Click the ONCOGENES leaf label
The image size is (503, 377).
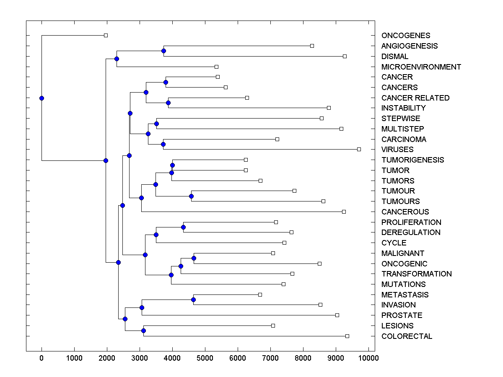pos(399,36)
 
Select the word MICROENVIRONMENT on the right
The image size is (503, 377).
pos(421,67)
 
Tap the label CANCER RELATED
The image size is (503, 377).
pos(415,98)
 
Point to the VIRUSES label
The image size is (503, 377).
pos(397,150)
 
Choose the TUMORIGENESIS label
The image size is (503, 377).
pos(412,160)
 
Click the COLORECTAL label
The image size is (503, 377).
pos(407,336)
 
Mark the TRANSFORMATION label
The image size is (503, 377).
pos(416,274)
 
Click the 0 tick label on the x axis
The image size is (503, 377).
pos(41,358)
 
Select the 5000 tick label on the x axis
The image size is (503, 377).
pos(205,358)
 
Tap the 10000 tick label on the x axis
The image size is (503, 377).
pos(368,358)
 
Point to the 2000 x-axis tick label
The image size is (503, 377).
pos(107,358)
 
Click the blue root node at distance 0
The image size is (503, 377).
pos(41,98)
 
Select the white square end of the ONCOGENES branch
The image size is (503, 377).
pos(106,36)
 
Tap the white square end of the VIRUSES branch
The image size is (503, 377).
pos(359,149)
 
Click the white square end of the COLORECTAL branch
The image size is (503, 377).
pos(347,336)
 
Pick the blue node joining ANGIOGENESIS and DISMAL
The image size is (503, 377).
pos(163,51)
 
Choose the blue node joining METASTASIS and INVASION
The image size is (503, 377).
pos(193,300)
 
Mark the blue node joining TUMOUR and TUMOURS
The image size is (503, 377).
pos(191,196)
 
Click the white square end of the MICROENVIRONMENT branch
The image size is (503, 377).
pos(216,67)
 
